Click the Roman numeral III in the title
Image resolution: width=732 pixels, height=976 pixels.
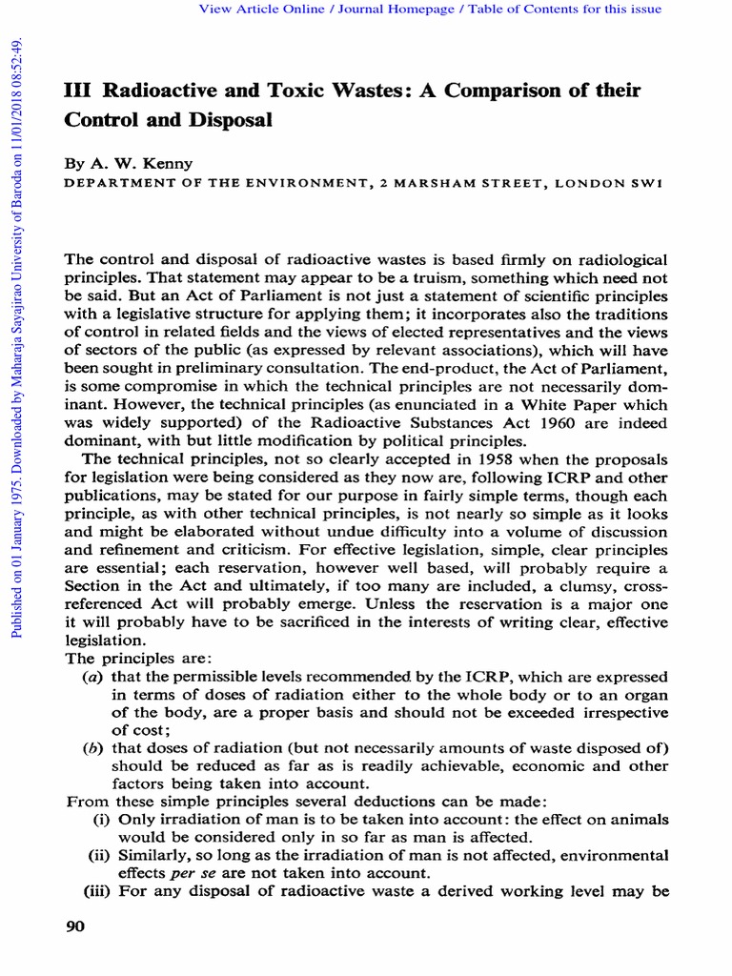[76, 91]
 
